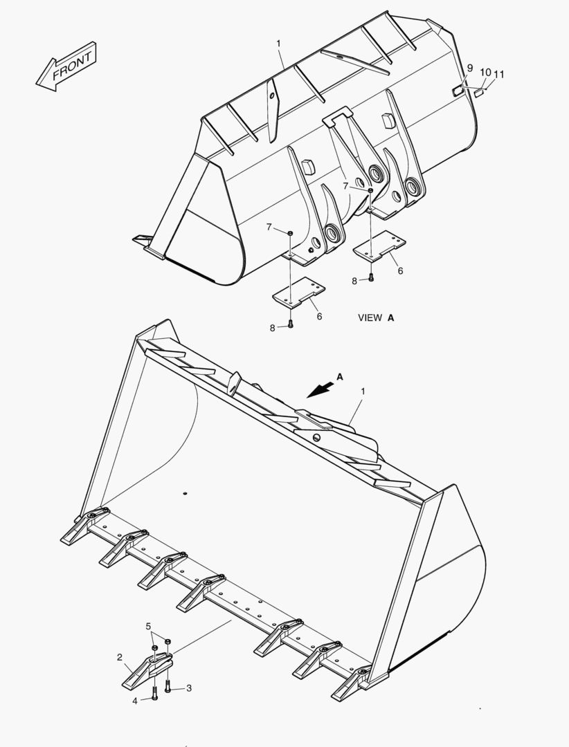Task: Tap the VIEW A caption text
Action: pos(376,317)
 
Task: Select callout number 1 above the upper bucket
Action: pos(278,44)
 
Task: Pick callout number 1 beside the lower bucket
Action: pos(363,391)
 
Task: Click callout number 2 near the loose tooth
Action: pos(120,657)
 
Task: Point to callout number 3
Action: pos(189,688)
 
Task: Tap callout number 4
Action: pos(136,700)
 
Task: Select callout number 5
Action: pos(148,627)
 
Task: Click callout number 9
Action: pos(469,68)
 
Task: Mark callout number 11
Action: pos(499,74)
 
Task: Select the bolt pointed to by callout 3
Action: pos(169,688)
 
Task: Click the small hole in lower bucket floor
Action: pos(186,493)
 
